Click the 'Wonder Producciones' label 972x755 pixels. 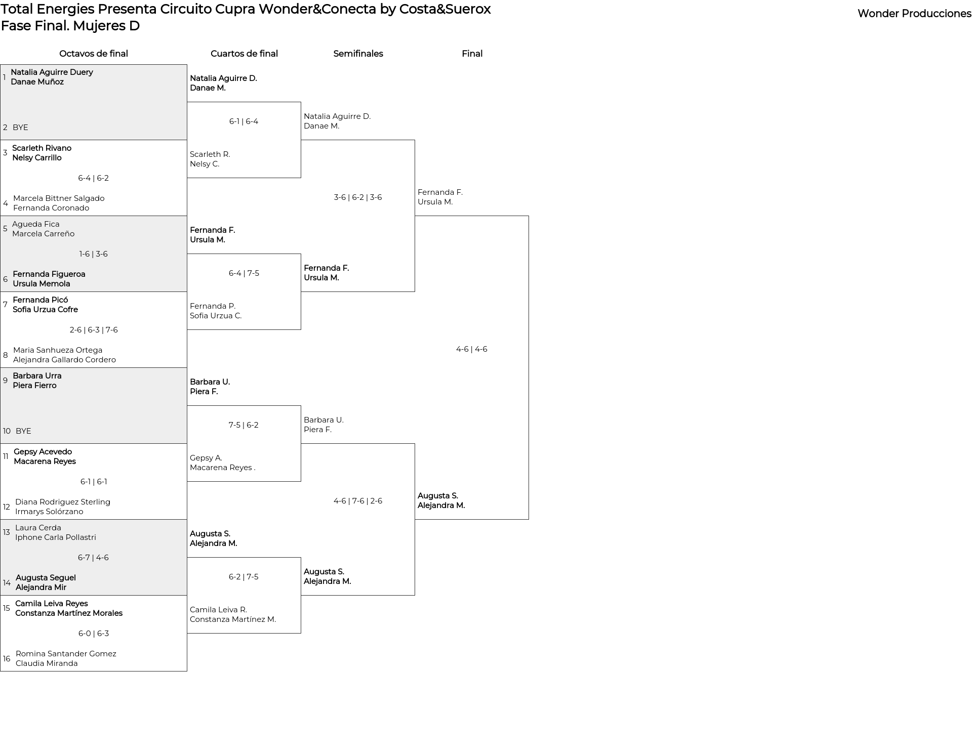(914, 14)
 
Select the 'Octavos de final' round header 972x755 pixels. (94, 54)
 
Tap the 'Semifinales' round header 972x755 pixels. (358, 54)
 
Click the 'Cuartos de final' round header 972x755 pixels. (244, 54)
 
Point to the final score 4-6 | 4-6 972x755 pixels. (472, 349)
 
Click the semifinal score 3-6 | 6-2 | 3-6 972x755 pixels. (358, 197)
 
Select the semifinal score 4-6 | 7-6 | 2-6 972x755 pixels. (358, 501)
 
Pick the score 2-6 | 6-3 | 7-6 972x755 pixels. (94, 330)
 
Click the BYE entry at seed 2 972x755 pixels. (20, 128)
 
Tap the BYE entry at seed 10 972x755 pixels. (23, 431)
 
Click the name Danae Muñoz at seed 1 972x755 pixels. (37, 82)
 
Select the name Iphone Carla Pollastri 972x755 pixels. (56, 537)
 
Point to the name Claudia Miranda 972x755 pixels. (47, 663)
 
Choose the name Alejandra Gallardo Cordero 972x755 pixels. (64, 360)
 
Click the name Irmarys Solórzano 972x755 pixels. (49, 512)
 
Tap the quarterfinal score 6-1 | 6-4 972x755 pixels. (244, 121)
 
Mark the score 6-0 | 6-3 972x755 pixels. (94, 634)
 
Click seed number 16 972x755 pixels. (7, 659)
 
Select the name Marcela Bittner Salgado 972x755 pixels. (59, 198)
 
